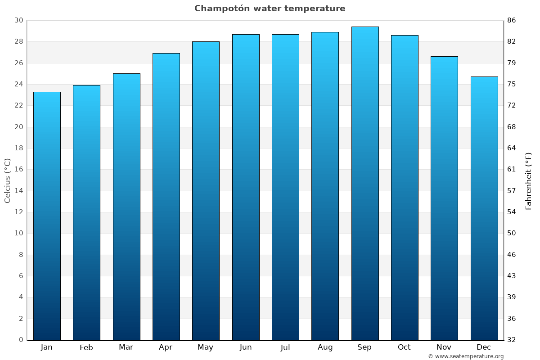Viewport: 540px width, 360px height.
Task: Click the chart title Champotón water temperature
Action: point(270,9)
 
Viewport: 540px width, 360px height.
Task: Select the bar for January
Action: point(47,216)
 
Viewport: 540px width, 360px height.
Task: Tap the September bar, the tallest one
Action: point(365,183)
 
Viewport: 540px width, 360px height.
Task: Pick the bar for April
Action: point(166,197)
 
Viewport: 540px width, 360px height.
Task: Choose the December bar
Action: point(484,208)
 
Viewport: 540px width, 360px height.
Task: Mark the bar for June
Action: point(246,187)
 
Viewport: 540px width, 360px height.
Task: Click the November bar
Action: point(444,198)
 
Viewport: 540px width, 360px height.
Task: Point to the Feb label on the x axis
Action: point(86,347)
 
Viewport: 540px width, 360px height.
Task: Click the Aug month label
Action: point(325,347)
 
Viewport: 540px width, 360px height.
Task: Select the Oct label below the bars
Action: point(404,347)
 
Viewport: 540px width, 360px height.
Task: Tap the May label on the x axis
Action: point(205,347)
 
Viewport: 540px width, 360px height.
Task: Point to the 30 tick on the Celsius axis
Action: point(18,21)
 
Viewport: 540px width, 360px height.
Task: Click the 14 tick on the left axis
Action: point(18,191)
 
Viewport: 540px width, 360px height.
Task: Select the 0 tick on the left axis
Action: point(21,340)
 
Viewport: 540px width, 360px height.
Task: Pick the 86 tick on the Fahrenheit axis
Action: point(512,21)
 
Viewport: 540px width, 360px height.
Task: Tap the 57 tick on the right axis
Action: point(512,191)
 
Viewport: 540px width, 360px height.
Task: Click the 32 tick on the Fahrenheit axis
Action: point(512,340)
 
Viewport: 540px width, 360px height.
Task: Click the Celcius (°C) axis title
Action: point(7,180)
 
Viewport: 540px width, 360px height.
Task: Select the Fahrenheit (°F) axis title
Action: point(529,180)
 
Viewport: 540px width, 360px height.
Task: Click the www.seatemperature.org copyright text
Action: point(466,356)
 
